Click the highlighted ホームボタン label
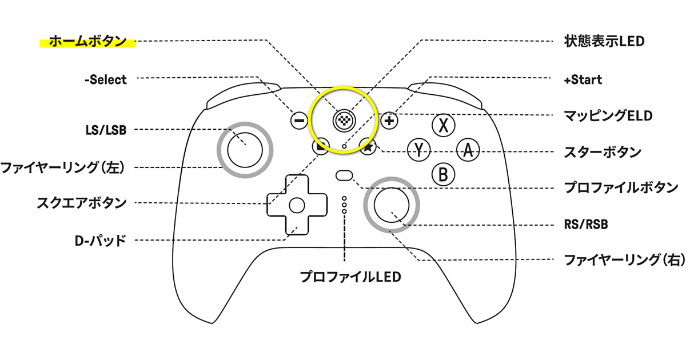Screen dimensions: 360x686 point(87,41)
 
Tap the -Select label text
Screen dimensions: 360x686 point(105,80)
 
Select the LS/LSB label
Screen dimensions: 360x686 point(102,130)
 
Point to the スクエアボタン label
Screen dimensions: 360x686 point(82,202)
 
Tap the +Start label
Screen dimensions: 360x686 point(583,80)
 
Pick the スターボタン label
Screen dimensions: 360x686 point(602,153)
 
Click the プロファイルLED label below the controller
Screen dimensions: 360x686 point(351,278)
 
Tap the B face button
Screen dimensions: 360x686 point(443,174)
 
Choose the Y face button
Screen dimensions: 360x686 point(418,150)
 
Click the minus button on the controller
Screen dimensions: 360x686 point(298,121)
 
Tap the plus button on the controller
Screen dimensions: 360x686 point(389,121)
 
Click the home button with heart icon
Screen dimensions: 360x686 point(344,120)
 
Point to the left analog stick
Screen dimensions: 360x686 point(245,149)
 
